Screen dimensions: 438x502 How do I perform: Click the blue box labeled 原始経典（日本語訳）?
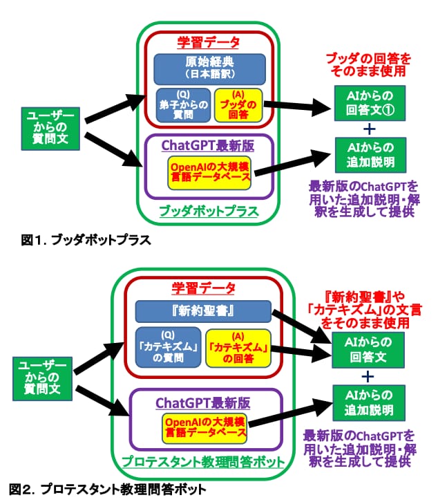[x=209, y=69]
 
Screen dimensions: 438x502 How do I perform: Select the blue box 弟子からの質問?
[x=183, y=105]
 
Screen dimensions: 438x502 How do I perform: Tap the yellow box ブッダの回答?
[x=238, y=105]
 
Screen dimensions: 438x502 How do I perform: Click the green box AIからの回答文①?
[x=370, y=103]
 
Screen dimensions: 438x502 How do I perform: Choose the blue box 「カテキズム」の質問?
[x=168, y=347]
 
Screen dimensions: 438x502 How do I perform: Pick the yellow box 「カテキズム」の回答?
[x=238, y=348]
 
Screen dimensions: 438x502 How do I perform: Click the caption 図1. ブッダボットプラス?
[x=86, y=240]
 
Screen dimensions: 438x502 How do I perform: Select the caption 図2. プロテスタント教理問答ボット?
[x=108, y=489]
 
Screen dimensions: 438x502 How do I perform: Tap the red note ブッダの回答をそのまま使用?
[x=368, y=65]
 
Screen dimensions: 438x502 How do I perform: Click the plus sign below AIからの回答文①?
[x=370, y=129]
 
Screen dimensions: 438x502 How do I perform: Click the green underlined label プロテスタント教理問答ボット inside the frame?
[x=203, y=461]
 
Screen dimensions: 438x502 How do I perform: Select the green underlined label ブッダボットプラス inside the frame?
[x=209, y=211]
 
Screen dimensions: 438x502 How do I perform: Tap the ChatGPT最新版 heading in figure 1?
[x=208, y=146]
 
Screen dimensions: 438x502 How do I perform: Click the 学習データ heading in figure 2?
[x=204, y=288]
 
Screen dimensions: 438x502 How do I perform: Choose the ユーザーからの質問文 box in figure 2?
[x=42, y=379]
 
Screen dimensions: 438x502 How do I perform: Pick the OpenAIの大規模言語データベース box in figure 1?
[x=209, y=173]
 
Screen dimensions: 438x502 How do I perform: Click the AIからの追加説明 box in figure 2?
[x=369, y=402]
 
